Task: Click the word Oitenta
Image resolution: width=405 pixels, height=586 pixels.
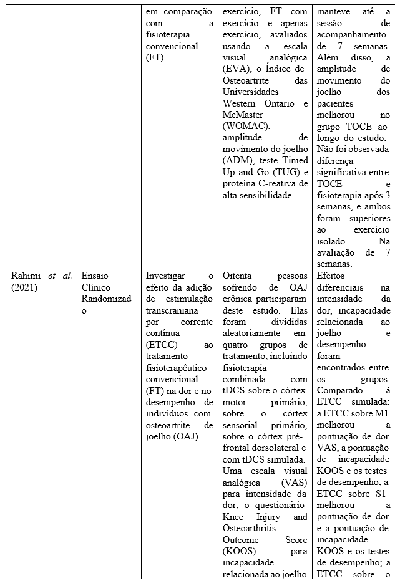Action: (238, 276)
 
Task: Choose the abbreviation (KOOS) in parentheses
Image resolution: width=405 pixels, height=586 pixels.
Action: (239, 551)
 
